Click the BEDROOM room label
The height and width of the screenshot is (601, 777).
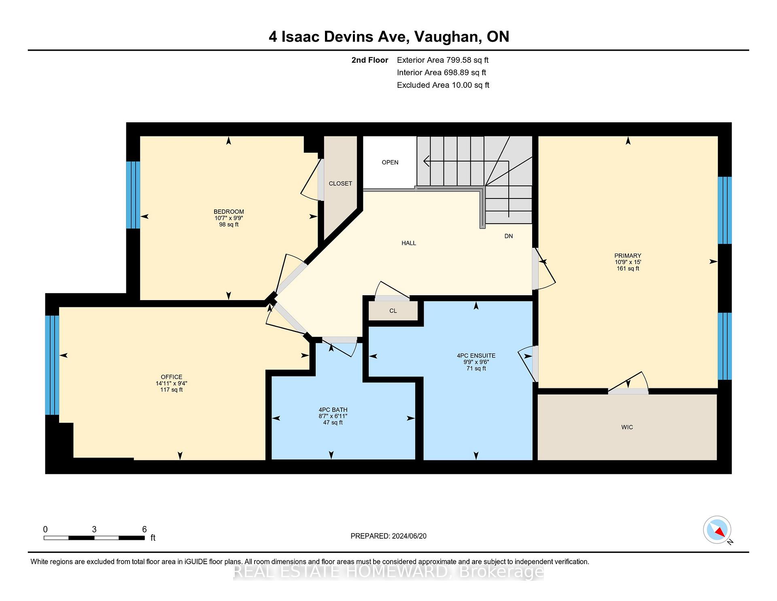point(229,211)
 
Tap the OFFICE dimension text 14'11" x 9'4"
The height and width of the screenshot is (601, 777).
point(171,383)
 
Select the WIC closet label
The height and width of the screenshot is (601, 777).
point(627,427)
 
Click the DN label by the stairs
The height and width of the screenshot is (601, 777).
point(508,236)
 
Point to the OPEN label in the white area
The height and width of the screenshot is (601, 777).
point(390,162)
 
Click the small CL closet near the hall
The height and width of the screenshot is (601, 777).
point(393,311)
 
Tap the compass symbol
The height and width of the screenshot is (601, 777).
point(717,530)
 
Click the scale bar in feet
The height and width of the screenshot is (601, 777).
point(94,538)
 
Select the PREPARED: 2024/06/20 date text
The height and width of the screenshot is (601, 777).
point(388,536)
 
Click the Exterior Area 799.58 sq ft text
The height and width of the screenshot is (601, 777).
point(442,60)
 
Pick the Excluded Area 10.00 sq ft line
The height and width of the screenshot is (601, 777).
point(443,85)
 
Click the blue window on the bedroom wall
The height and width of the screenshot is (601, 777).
point(133,195)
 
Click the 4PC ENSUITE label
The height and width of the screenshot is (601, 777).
point(476,356)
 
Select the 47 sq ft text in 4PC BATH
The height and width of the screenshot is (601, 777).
point(333,422)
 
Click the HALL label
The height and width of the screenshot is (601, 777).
point(409,243)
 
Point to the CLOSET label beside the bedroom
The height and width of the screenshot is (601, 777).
point(340,183)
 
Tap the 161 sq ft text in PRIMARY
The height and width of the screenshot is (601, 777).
point(628,268)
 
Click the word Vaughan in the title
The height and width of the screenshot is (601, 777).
point(447,37)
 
